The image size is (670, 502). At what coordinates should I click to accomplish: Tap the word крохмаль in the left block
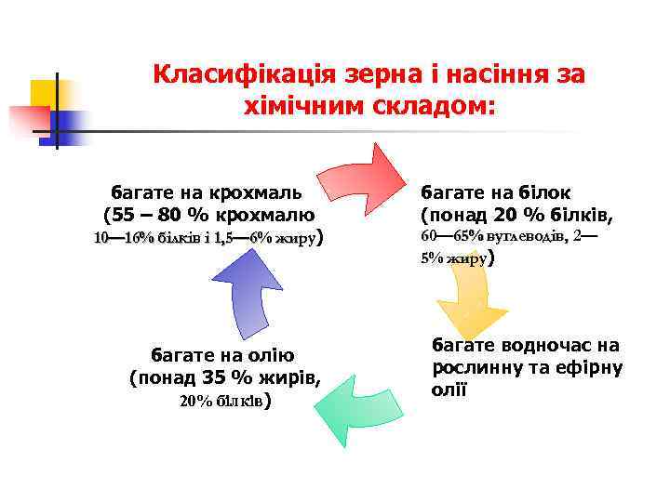(x=259, y=192)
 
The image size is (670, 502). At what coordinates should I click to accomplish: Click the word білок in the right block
(x=544, y=192)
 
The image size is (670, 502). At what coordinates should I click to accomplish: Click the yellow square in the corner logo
(x=43, y=93)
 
